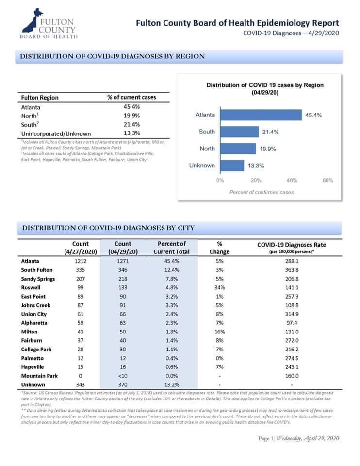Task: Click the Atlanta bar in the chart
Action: [261, 115]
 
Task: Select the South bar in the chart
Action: [239, 132]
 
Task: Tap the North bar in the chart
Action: [238, 149]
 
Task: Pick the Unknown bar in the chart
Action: [232, 166]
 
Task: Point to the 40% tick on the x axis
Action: [292, 180]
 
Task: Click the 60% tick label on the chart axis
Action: [328, 180]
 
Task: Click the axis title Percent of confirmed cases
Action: [262, 192]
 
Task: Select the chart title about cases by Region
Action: [265, 88]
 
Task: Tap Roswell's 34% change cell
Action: [220, 287]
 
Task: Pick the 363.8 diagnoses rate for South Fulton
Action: [292, 270]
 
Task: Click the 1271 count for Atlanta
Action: [123, 261]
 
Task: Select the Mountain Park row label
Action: [39, 376]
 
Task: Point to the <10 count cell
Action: [123, 376]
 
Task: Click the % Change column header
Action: [219, 248]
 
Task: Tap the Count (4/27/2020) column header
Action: [81, 248]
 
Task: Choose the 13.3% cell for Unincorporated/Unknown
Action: [131, 133]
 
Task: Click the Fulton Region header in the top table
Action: [40, 98]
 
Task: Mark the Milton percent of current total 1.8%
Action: [172, 332]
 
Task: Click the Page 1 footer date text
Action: [298, 438]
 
